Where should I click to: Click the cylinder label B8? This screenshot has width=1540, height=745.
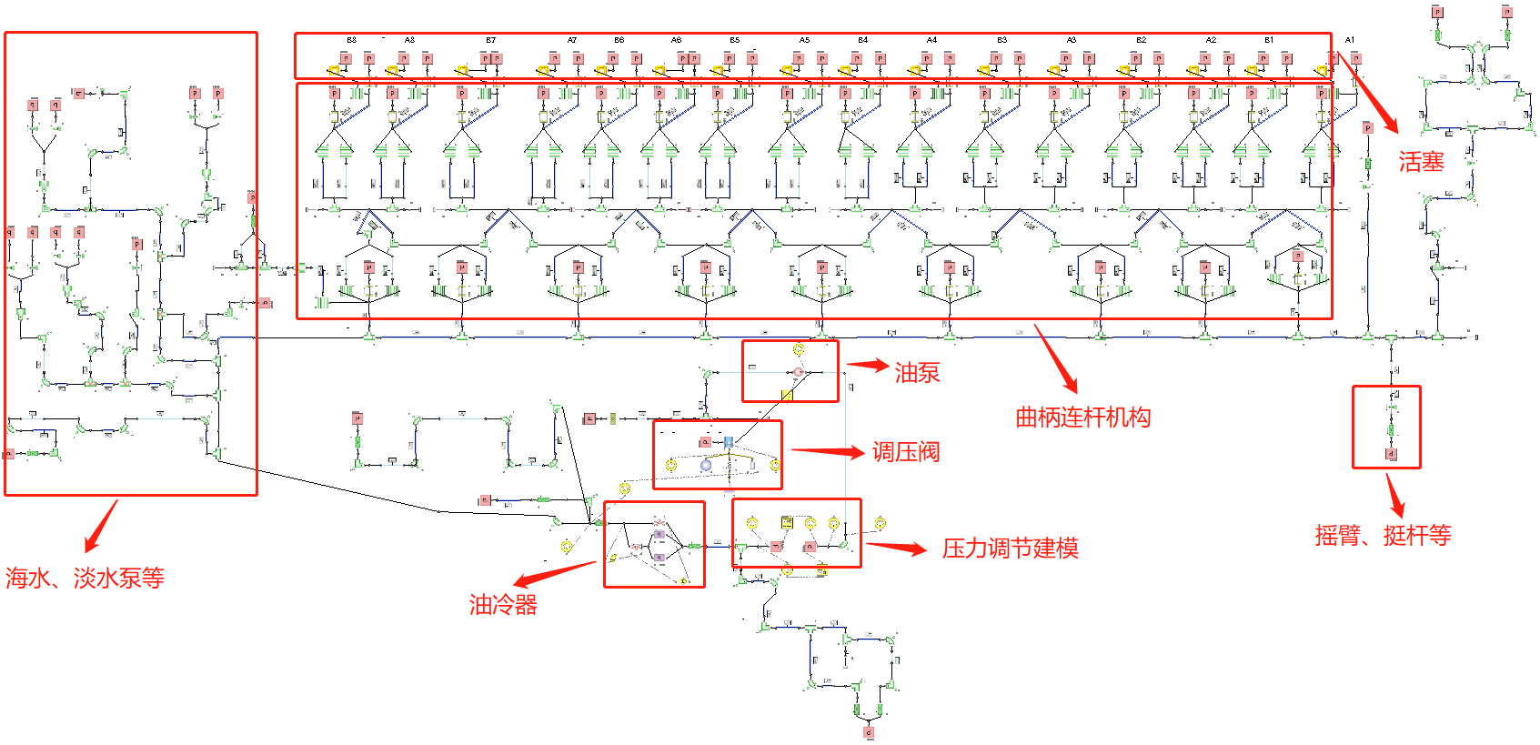[x=351, y=40]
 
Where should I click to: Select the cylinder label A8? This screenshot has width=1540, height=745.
[x=409, y=40]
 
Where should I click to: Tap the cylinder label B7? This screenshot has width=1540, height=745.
[x=490, y=40]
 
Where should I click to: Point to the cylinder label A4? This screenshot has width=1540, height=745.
[x=931, y=40]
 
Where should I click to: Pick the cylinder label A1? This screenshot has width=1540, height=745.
[x=1350, y=40]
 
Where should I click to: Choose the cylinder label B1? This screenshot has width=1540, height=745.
[x=1269, y=40]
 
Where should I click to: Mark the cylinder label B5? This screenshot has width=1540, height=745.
[x=734, y=40]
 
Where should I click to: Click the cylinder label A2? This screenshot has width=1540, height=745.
[x=1211, y=40]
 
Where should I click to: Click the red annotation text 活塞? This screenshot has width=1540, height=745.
[x=1421, y=162]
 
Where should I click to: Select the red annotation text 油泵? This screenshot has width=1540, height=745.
[x=917, y=372]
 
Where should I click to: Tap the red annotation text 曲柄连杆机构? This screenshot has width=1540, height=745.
[x=1082, y=418]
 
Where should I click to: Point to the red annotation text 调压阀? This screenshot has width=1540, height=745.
[x=905, y=452]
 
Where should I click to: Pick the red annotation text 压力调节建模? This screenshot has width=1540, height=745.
[x=1010, y=549]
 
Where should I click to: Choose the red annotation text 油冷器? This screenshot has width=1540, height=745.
[x=503, y=605]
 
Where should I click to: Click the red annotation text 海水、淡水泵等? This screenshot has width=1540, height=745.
[x=85, y=578]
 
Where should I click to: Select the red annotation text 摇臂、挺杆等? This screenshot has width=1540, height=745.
[x=1383, y=535]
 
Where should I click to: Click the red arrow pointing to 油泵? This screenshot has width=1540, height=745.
[x=868, y=366]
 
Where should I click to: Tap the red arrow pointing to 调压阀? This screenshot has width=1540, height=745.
[x=827, y=451]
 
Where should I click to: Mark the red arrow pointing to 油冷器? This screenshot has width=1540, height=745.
[x=555, y=575]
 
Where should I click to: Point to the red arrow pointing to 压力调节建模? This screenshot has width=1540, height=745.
[x=895, y=548]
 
